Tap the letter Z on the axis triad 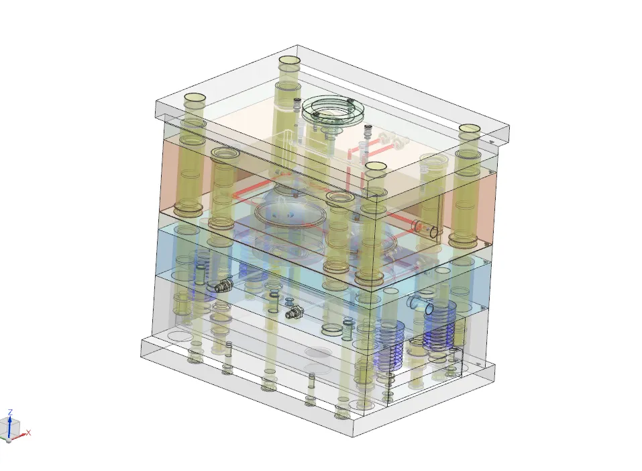coord(10,412)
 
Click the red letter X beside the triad coord(29,433)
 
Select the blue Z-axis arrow coord(10,421)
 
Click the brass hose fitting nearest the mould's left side coord(221,285)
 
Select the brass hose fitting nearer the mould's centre coord(294,312)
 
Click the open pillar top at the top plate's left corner coord(195,99)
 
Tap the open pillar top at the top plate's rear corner coord(289,61)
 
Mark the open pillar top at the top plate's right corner coord(469,129)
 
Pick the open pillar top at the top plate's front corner coord(376,166)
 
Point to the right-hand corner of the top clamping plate coord(509,128)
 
